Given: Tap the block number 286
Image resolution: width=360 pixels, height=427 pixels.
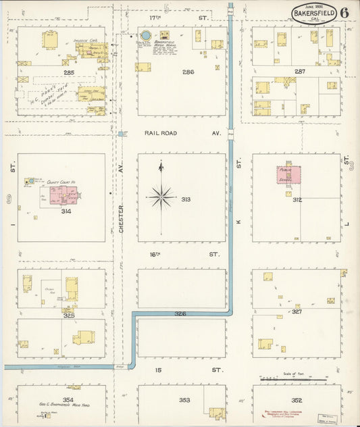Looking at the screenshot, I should pyautogui.click(x=188, y=71).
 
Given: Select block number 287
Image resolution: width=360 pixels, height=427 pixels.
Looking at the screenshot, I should pyautogui.click(x=299, y=71).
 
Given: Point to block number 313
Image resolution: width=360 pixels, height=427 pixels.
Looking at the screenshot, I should pyautogui.click(x=186, y=199).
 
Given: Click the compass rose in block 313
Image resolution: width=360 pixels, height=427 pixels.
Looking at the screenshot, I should pyautogui.click(x=161, y=197).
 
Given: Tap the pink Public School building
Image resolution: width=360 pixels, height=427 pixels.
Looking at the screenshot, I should pyautogui.click(x=286, y=174).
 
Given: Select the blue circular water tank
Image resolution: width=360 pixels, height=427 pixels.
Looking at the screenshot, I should pyautogui.click(x=145, y=35).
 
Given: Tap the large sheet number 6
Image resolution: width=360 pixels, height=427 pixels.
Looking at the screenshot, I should pyautogui.click(x=344, y=12).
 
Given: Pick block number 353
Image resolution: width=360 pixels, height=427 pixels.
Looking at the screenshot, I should pyautogui.click(x=184, y=400).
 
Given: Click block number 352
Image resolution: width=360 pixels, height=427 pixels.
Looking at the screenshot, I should pyautogui.click(x=297, y=400).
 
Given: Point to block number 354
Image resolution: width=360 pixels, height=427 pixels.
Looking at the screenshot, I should pyautogui.click(x=68, y=400).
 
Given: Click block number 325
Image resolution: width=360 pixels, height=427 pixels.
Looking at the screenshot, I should pyautogui.click(x=68, y=315).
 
